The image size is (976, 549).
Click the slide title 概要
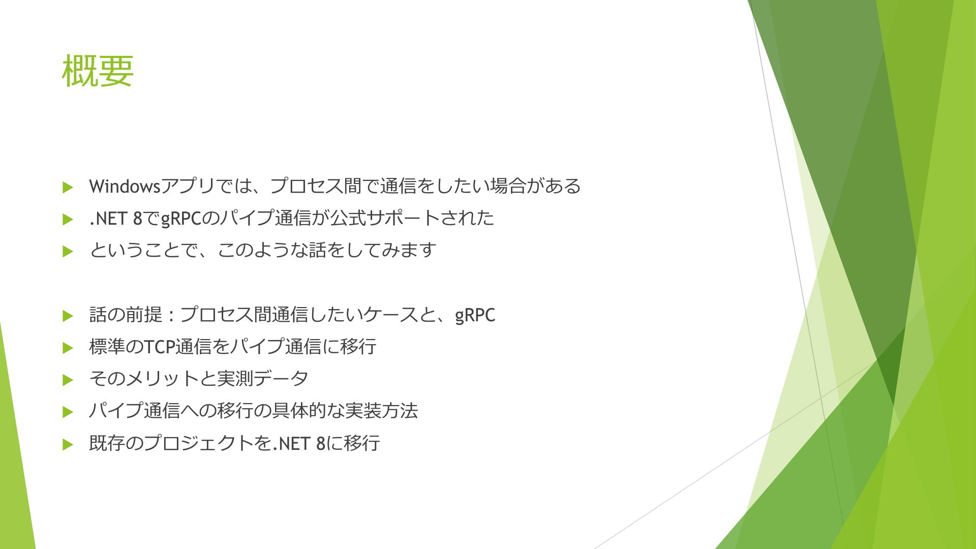coord(98,71)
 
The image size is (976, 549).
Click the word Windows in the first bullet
coord(125,187)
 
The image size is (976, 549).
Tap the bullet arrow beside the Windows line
coord(68,187)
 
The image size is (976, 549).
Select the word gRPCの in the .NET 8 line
coord(189,219)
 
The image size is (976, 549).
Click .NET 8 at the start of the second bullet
coord(116,219)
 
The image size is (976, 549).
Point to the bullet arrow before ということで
coord(68,252)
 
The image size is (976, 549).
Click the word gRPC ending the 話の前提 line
coord(475,315)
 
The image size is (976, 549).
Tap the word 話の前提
coord(126,315)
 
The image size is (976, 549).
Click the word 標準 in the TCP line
coord(107,347)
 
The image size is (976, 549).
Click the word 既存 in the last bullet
coord(107,443)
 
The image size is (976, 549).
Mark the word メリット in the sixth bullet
coord(162,379)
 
